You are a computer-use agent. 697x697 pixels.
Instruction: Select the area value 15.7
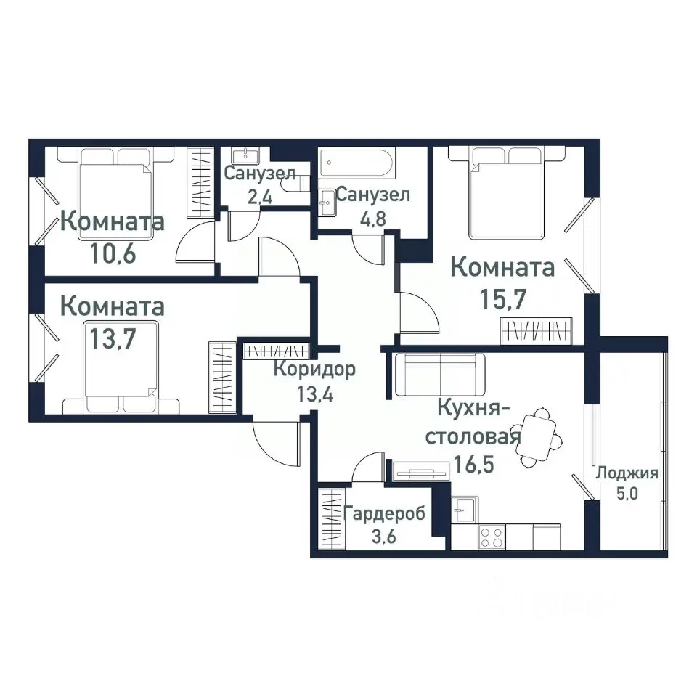[502, 298]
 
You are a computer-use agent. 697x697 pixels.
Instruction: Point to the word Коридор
[314, 370]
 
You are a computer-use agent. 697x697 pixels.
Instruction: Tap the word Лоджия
[627, 474]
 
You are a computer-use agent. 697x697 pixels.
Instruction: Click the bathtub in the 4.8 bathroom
[357, 165]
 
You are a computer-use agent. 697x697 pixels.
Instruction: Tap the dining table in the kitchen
[538, 437]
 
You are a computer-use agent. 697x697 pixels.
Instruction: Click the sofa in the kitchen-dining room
[440, 374]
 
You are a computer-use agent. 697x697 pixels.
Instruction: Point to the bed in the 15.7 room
[506, 192]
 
